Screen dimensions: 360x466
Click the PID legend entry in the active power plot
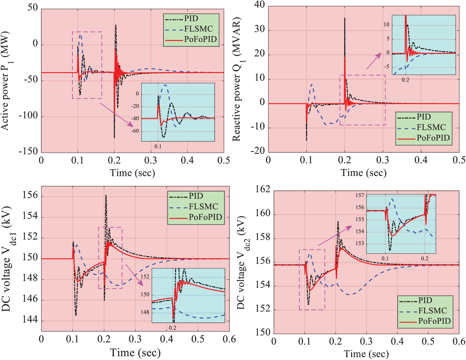pos(191,19)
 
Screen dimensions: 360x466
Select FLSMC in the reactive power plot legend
pos(431,127)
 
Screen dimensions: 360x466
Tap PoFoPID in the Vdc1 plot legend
pos(205,217)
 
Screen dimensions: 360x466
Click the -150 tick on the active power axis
pos(28,151)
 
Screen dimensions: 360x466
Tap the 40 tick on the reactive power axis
pos(259,5)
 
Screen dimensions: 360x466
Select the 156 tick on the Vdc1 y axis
pos(30,195)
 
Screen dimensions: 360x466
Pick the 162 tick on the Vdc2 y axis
pos(263,189)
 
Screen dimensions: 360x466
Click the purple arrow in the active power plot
pos(117,115)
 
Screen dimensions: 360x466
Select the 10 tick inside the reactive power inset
pos(386,25)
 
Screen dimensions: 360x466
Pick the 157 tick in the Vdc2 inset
pos(360,196)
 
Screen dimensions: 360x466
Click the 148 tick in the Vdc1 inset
pos(145,312)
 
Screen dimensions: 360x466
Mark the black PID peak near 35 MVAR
pos(345,19)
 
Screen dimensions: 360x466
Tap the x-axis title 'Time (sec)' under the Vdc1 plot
pos(135,353)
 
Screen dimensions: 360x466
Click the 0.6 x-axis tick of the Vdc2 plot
pos(459,341)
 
